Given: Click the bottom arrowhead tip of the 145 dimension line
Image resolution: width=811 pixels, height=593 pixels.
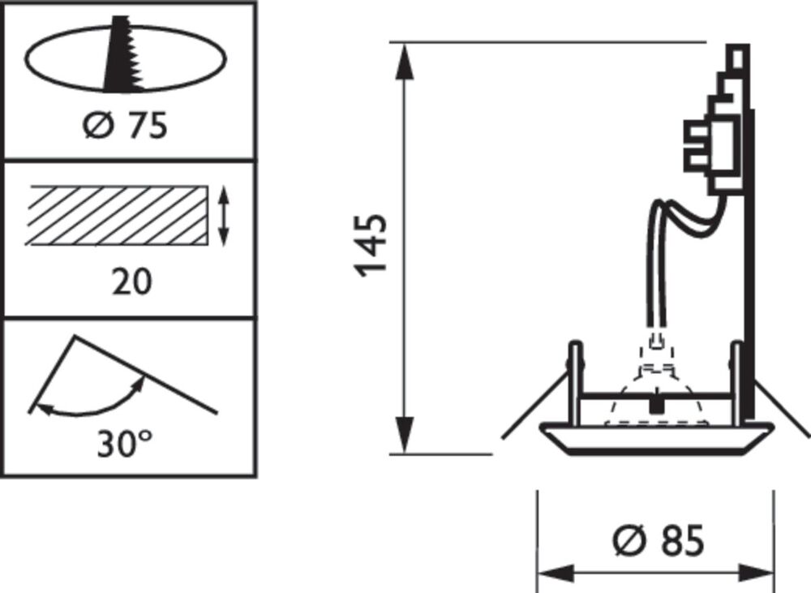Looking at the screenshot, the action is pyautogui.click(x=408, y=453).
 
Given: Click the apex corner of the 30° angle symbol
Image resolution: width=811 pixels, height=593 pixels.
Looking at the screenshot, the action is pyautogui.click(x=75, y=337).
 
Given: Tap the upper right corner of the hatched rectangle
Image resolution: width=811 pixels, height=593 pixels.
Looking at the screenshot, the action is pyautogui.click(x=208, y=186).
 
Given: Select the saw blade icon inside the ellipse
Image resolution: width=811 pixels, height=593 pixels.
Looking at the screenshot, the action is pyautogui.click(x=124, y=54).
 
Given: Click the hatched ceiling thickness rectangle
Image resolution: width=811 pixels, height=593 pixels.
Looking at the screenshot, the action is pyautogui.click(x=119, y=215).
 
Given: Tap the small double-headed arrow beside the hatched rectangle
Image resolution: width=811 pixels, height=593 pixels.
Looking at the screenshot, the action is pyautogui.click(x=223, y=216).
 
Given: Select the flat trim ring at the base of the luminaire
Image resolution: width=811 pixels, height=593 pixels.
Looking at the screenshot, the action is pyautogui.click(x=657, y=438).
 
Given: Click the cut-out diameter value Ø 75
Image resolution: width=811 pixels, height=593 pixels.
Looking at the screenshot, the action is pyautogui.click(x=126, y=126).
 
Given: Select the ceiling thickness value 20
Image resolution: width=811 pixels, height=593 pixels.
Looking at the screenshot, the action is pyautogui.click(x=132, y=282).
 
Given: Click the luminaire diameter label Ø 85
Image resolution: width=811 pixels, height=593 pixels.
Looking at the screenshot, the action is pyautogui.click(x=659, y=541).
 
